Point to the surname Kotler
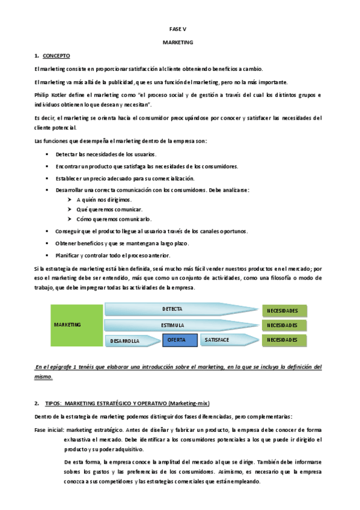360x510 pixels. point(61,95)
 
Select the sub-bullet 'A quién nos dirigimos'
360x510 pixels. point(104,199)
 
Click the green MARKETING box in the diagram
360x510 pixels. point(67,324)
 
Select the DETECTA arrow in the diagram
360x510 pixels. point(172,309)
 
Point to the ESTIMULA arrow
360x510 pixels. point(172,325)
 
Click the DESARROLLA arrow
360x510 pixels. point(125,341)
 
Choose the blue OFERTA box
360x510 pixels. point(180,340)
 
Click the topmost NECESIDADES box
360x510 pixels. point(282,310)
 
